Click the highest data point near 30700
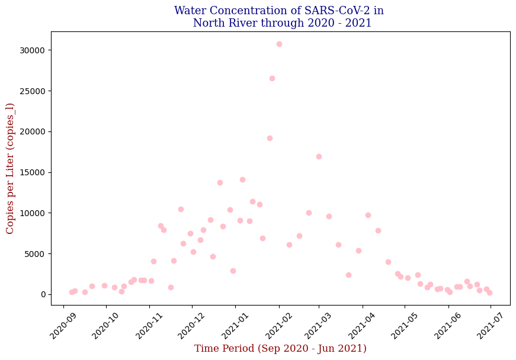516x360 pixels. pyautogui.click(x=279, y=44)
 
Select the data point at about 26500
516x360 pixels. pyautogui.click(x=272, y=79)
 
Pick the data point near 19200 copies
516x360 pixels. pyautogui.click(x=270, y=139)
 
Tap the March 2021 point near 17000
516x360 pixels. pyautogui.click(x=319, y=156)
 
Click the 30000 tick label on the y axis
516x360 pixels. pyautogui.click(x=32, y=50)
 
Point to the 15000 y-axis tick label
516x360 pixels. pyautogui.click(x=32, y=173)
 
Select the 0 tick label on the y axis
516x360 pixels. pyautogui.click(x=43, y=295)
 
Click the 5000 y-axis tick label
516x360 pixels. pyautogui.click(x=34, y=254)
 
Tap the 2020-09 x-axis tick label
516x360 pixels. pyautogui.click(x=63, y=326)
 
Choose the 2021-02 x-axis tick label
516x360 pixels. pyautogui.click(x=278, y=326)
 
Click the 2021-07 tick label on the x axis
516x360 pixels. pyautogui.click(x=490, y=326)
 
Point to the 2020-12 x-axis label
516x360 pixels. pyautogui.click(x=191, y=326)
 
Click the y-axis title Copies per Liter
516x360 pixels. pyautogui.click(x=10, y=169)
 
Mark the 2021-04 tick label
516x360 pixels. pyautogui.click(x=362, y=326)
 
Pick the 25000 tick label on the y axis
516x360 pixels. pyautogui.click(x=32, y=91)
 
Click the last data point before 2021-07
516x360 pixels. pyautogui.click(x=489, y=292)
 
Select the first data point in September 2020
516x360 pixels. pyautogui.click(x=72, y=292)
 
